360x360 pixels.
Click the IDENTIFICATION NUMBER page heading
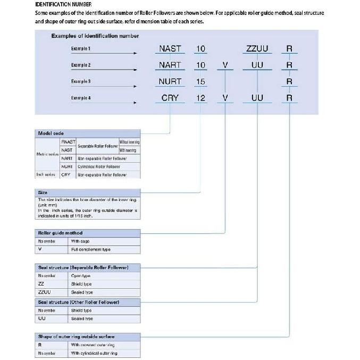click(x=59, y=4)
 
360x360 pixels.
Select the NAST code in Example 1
click(x=170, y=49)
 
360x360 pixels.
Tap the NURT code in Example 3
click(x=170, y=81)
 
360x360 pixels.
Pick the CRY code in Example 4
click(x=170, y=98)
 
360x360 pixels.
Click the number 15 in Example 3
click(x=200, y=81)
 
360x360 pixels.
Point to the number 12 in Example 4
click(x=200, y=98)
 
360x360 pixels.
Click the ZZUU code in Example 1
click(x=257, y=49)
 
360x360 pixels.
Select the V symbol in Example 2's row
click(x=225, y=65)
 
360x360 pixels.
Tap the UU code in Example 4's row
click(x=257, y=98)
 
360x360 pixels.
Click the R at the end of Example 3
click(x=289, y=81)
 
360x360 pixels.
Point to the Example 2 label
click(x=81, y=65)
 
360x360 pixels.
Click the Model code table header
click(x=51, y=133)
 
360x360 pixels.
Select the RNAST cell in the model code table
click(x=68, y=142)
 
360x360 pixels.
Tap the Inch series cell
click(x=46, y=174)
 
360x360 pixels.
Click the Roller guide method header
click(x=60, y=233)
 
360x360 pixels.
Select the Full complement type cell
click(x=91, y=249)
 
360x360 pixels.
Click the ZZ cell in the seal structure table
click(x=41, y=284)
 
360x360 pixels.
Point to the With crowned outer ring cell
click(x=93, y=345)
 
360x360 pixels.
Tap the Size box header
click(x=43, y=192)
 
